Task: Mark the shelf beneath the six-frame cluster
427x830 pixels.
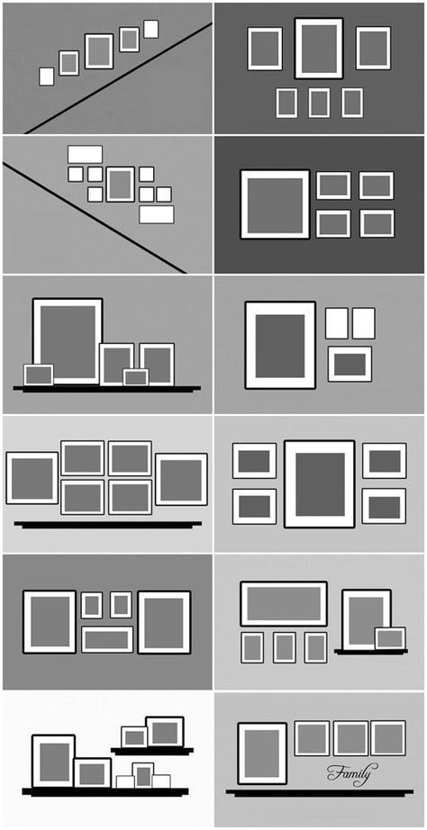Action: coord(107,525)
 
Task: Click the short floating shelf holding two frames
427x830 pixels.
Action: coord(152,751)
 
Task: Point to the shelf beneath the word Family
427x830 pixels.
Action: coord(320,792)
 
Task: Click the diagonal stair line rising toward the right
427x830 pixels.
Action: coord(118,77)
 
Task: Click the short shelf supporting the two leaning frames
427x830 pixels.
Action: coord(371,652)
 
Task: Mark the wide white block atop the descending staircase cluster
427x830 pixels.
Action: coord(85,155)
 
